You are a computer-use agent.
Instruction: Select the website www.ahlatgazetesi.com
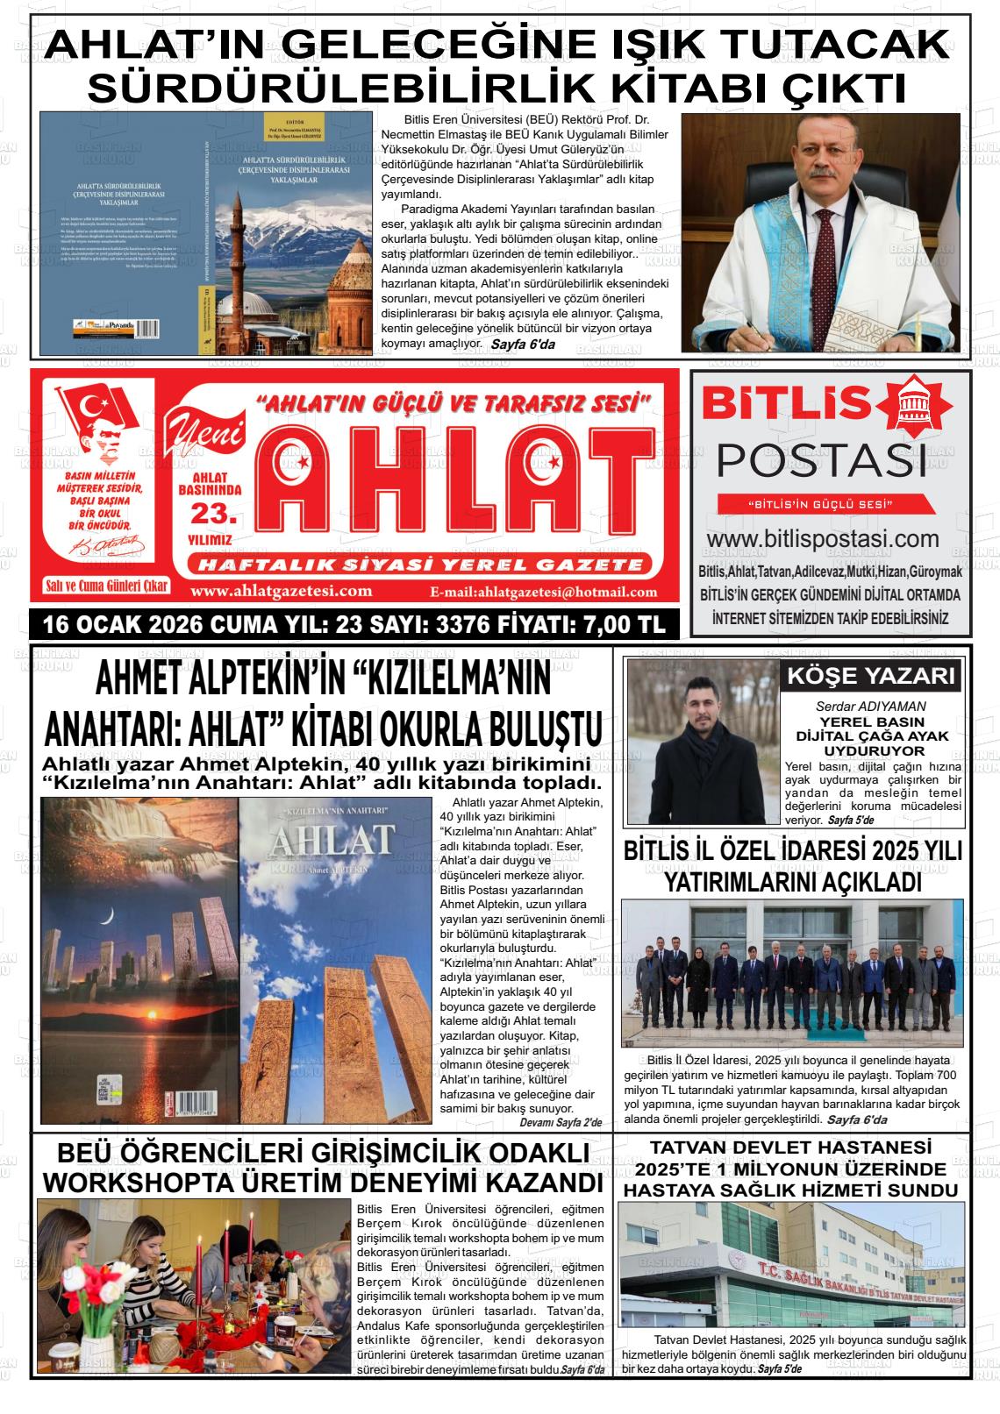point(281,591)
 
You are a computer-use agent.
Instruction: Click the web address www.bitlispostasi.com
point(823,538)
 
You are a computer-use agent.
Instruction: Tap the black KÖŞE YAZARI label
point(870,676)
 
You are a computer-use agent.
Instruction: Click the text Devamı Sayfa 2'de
point(561,1122)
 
